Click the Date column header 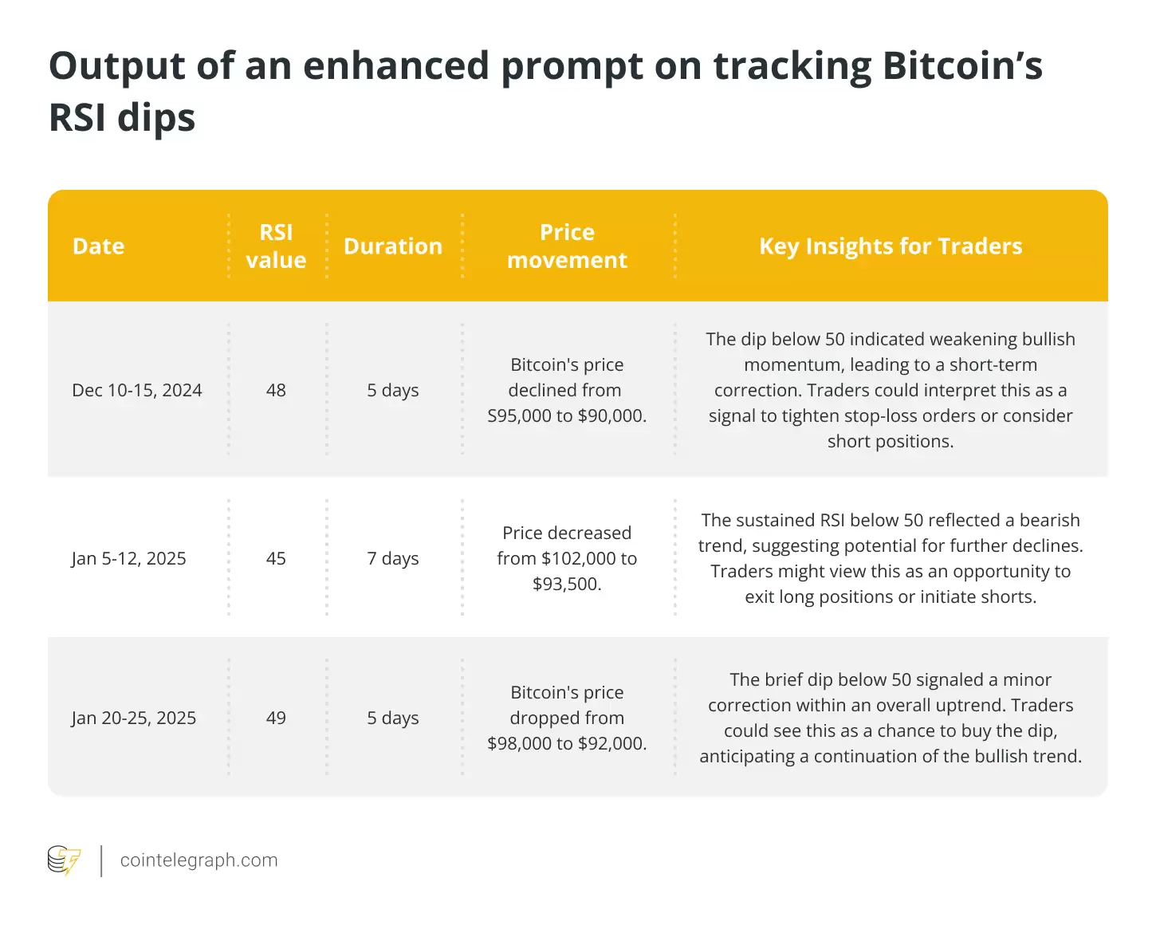point(98,246)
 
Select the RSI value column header point(276,246)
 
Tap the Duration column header point(392,246)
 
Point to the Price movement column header point(567,246)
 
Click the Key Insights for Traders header point(891,246)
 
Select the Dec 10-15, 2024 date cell point(137,391)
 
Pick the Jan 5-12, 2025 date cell point(128,559)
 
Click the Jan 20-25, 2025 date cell point(134,718)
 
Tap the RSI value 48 point(276,391)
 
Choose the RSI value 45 point(276,559)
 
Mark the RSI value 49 point(276,718)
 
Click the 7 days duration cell point(392,559)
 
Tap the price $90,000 point(611,416)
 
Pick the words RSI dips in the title point(122,118)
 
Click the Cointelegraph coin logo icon point(64,860)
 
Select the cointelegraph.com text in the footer point(199,860)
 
